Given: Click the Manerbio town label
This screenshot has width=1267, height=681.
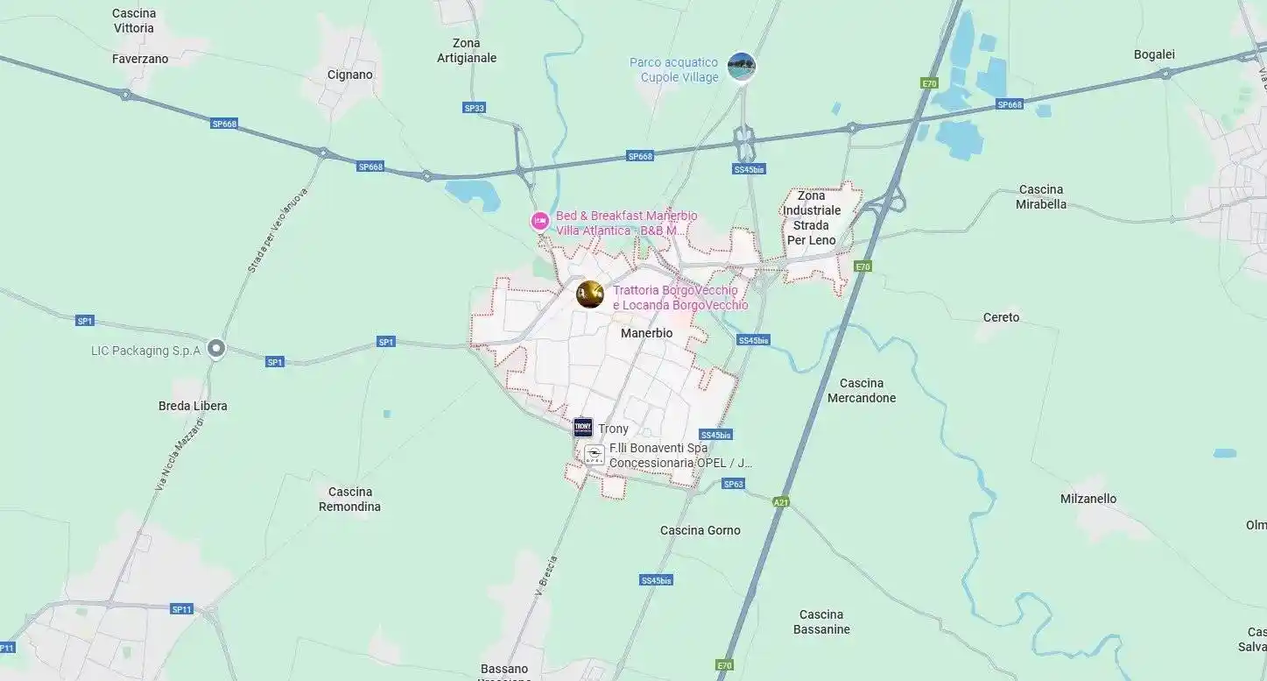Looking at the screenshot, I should point(646,333).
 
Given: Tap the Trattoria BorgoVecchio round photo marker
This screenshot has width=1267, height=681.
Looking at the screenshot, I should point(590,294).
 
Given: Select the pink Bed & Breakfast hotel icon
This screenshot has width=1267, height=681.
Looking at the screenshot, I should point(540,221).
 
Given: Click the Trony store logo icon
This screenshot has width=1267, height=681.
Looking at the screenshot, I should point(583,428).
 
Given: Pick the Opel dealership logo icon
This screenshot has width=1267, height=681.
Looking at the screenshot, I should point(595,455).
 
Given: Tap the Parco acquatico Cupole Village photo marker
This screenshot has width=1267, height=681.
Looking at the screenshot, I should point(742,66).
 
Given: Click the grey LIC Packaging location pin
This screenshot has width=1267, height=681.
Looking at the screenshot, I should point(216,350).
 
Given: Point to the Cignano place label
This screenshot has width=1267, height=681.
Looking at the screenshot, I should point(349,74).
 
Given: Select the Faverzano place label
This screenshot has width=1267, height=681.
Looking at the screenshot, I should point(140,59).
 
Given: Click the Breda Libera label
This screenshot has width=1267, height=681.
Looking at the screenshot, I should point(193,406).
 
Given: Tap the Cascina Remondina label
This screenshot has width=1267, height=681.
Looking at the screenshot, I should point(349,499).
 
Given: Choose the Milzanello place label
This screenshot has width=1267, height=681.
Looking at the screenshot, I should point(1088,499).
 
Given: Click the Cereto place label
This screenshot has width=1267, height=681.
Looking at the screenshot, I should point(1001,317).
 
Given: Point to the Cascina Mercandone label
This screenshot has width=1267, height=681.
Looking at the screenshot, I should point(862,390).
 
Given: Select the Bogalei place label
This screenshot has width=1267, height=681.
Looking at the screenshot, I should point(1154,54).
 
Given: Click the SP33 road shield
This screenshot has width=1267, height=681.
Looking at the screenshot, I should point(474,108).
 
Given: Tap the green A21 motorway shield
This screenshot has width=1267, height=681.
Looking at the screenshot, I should point(781,502).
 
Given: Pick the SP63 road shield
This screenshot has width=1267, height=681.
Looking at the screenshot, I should point(733,484).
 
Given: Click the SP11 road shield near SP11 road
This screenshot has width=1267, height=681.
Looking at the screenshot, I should point(181,609).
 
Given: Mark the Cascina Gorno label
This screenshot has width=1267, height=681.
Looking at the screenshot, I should point(700,530).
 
